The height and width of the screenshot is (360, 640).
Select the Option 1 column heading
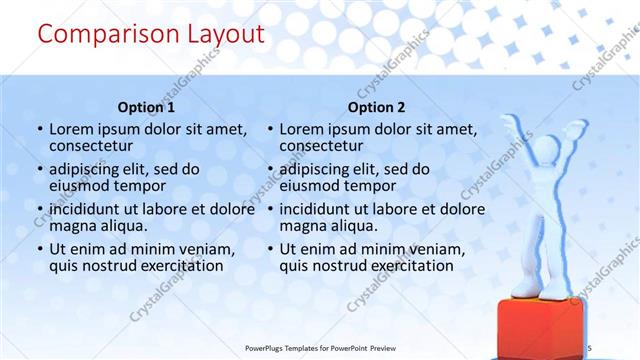coord(146,107)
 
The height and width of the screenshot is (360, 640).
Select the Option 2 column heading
coord(376,107)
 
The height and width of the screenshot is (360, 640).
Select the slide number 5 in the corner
coord(590,347)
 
